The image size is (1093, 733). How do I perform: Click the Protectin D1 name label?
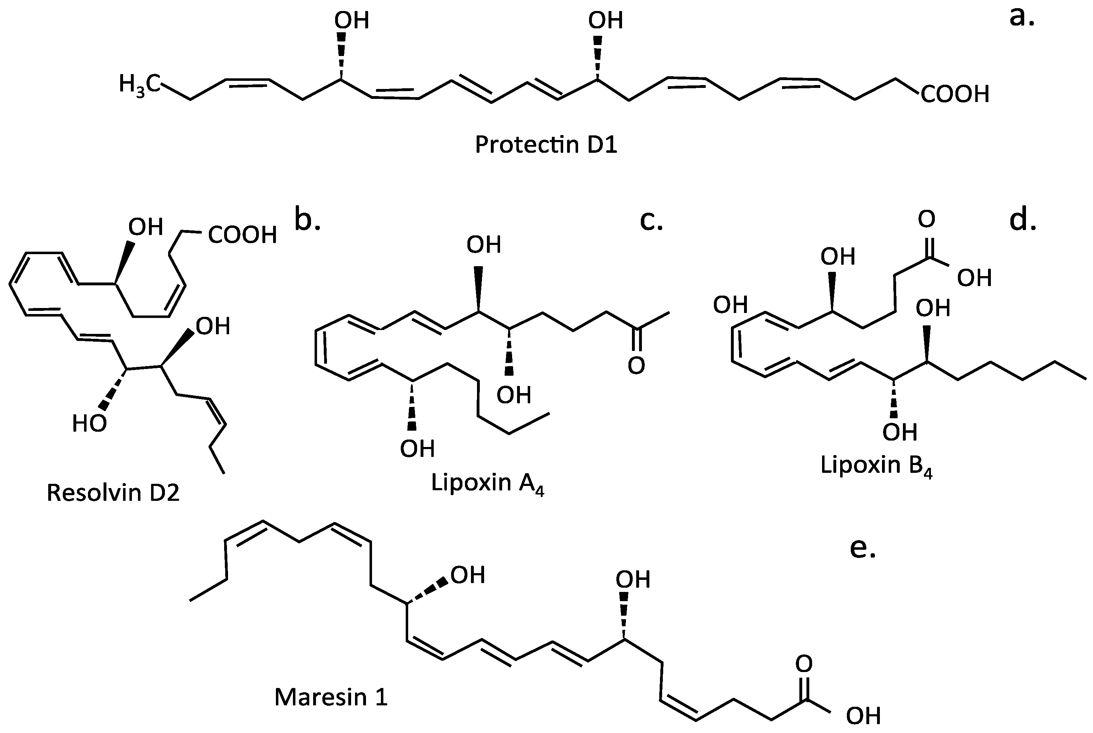pos(546,145)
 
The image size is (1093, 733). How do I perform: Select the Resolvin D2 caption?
pos(113,493)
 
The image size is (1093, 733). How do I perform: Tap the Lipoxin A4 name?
pos(487,483)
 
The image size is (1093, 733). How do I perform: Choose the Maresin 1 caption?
pos(331,696)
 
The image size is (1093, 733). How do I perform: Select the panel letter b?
pos(307,220)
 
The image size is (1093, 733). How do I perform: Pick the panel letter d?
pos(1023,220)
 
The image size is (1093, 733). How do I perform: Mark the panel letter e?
pos(862,548)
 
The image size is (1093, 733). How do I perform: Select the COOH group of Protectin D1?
pos(955,94)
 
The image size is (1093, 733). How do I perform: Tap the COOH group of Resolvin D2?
pos(242,235)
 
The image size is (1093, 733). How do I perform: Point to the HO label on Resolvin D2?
pos(89,424)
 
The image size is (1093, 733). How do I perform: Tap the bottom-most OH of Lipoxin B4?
pos(900,432)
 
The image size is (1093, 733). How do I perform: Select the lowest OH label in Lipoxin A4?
pos(417,449)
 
